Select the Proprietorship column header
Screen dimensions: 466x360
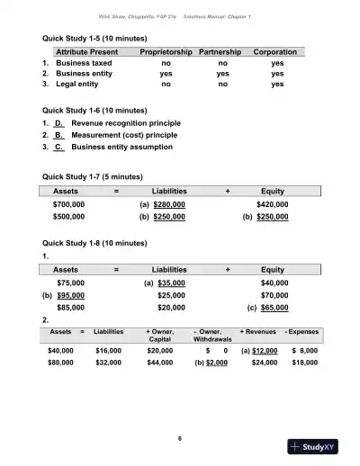pos(165,53)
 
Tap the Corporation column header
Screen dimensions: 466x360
pos(276,53)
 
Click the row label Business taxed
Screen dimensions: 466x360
pos(85,65)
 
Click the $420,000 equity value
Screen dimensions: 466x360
pos(273,204)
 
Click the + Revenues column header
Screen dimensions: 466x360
pos(259,331)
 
